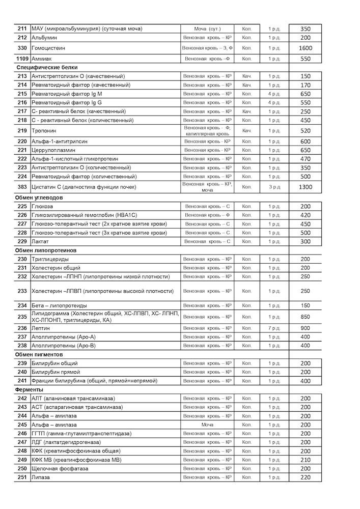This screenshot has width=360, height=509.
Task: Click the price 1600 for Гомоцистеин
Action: pyautogui.click(x=306, y=48)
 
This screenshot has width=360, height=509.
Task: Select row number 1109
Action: pyautogui.click(x=22, y=59)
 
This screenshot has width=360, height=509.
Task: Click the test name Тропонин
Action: pyautogui.click(x=43, y=131)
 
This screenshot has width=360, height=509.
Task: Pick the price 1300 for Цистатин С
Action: pyautogui.click(x=306, y=187)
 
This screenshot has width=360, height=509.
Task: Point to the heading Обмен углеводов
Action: pyautogui.click(x=39, y=197)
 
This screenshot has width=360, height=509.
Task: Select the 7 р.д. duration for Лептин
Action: pyautogui.click(x=274, y=328)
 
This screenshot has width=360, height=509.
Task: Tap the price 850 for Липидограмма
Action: pyautogui.click(x=306, y=317)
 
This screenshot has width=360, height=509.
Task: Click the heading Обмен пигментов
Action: pyautogui.click(x=40, y=354)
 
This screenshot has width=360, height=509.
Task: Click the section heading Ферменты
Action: pyautogui.click(x=29, y=389)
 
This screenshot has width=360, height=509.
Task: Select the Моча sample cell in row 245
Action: pyautogui.click(x=207, y=425)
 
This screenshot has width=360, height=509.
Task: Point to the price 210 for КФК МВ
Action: pyautogui.click(x=306, y=460)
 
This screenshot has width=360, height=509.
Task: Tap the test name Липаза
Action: pyautogui.click(x=42, y=477)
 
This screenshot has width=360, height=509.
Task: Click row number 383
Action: pyautogui.click(x=22, y=187)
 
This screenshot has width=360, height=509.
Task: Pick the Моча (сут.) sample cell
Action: pyautogui.click(x=207, y=29)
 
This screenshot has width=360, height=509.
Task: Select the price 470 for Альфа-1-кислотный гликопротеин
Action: pyautogui.click(x=306, y=159)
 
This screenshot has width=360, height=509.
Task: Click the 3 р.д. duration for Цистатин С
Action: pyautogui.click(x=274, y=187)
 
